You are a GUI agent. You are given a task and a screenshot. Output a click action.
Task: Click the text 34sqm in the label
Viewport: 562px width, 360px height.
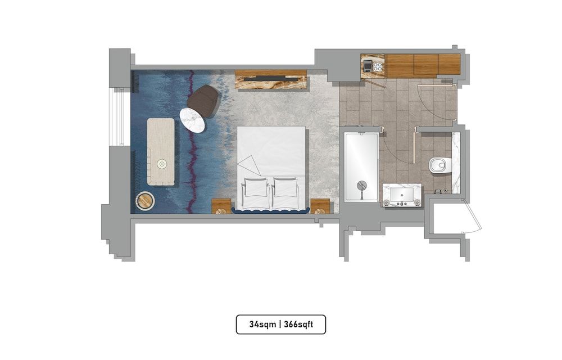click(262, 325)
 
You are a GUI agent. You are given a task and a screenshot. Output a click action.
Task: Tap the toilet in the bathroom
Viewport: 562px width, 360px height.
click(438, 165)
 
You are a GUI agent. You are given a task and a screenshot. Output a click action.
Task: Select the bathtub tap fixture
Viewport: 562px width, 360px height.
click(361, 184)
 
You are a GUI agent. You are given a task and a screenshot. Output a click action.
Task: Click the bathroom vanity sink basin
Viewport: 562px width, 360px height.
click(402, 195)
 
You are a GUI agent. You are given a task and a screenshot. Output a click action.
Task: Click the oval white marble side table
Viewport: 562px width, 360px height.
click(192, 120)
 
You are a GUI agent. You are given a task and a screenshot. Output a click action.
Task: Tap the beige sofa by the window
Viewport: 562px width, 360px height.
click(161, 151)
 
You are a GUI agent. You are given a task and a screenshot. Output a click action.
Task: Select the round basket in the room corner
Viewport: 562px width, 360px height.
click(145, 201)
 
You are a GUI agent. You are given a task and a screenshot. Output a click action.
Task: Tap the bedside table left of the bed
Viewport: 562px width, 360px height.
click(221, 206)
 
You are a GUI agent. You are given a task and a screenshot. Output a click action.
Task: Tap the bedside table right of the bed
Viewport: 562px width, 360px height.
click(320, 206)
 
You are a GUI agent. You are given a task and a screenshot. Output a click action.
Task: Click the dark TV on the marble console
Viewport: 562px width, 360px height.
click(271, 75)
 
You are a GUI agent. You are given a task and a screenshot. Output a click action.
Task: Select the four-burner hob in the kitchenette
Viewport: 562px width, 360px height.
click(373, 66)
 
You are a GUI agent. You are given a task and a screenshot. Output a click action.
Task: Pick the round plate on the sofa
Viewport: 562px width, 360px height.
click(162, 164)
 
